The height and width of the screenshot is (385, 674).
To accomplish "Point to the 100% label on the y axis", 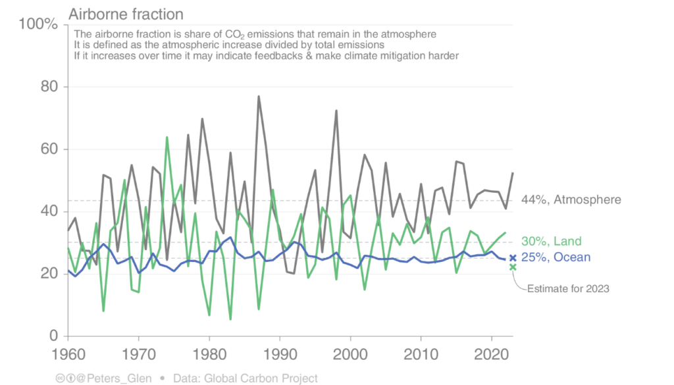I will [x=39, y=25].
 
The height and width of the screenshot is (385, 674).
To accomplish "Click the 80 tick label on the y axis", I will [x=49, y=87].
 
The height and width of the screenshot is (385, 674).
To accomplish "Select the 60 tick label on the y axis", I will [x=49, y=149].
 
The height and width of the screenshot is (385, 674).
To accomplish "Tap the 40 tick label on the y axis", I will [x=49, y=211].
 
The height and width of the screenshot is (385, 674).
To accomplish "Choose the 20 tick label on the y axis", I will [x=49, y=274].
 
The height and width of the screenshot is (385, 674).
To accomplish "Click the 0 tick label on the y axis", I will [x=55, y=336].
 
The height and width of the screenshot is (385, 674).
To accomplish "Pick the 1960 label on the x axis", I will [x=68, y=355].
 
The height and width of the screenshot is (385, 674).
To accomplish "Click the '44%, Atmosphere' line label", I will [x=571, y=199].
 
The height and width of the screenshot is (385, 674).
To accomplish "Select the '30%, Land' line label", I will [x=551, y=242].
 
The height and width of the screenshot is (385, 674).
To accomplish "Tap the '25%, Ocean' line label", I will [x=556, y=257].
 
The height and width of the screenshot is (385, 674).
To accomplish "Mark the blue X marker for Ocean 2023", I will [x=513, y=258].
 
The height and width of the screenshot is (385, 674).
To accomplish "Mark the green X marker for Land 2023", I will [x=513, y=267].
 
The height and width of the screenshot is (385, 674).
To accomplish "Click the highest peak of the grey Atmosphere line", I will [x=259, y=96].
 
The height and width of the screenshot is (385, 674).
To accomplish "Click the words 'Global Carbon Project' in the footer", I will [x=270, y=378].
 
